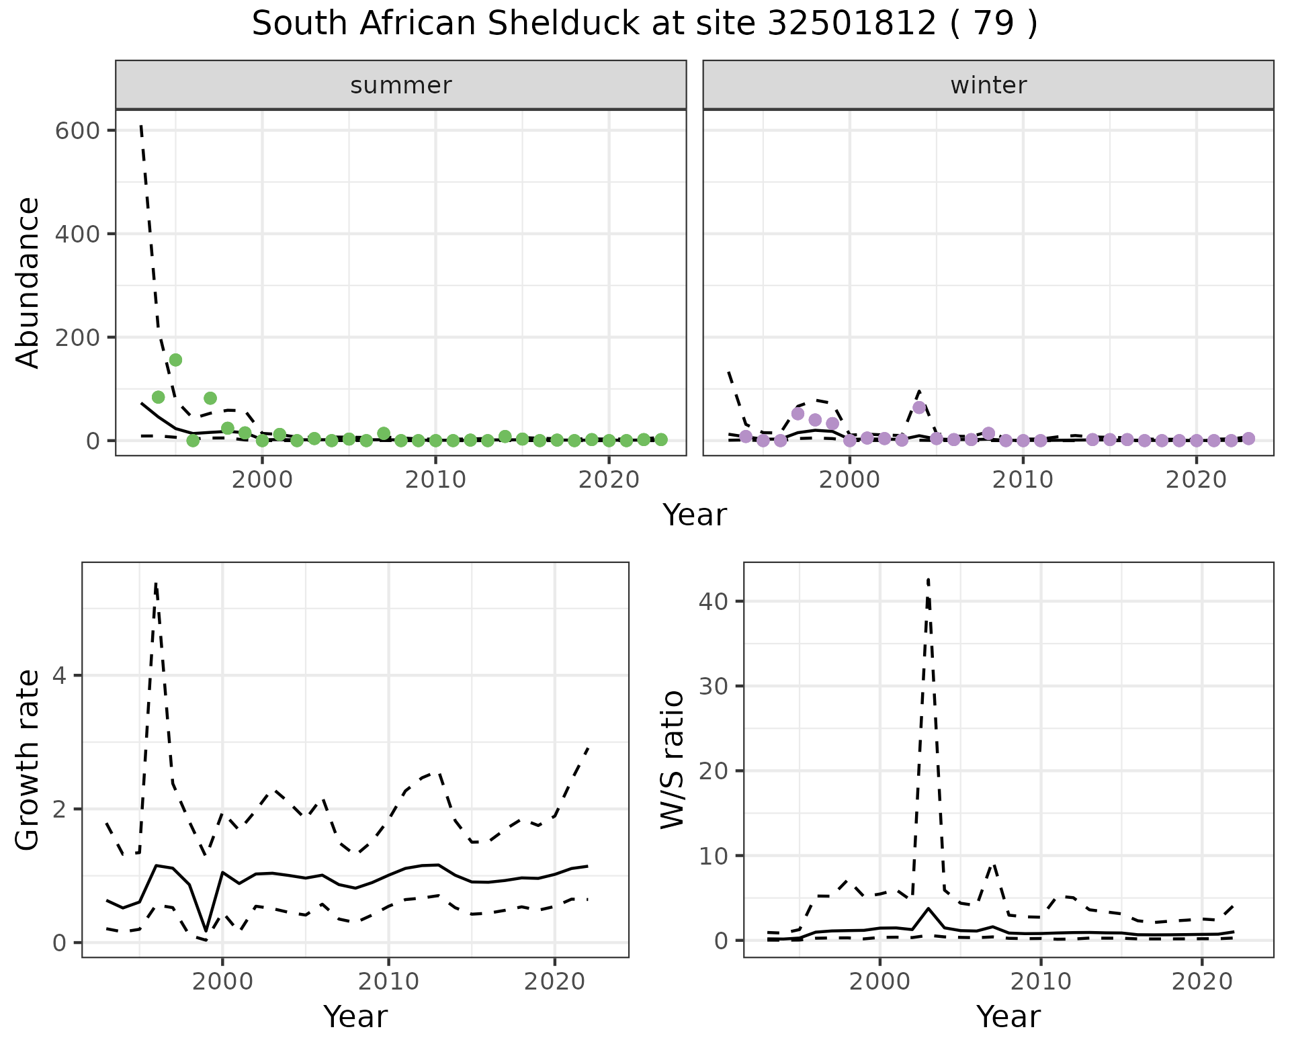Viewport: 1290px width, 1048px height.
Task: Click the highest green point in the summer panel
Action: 175,360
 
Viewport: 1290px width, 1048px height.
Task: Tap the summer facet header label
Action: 401,85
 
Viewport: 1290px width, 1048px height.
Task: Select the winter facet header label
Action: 988,85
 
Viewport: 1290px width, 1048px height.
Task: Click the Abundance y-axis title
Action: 28,282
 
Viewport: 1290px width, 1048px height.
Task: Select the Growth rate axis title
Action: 28,760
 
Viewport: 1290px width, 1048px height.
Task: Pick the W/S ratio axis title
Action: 672,759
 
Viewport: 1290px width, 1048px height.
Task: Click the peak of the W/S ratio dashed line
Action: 928,579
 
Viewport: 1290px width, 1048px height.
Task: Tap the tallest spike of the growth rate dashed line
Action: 156,583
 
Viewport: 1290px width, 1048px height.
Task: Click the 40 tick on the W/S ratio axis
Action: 714,601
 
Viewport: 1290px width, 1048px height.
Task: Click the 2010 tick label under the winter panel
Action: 1023,480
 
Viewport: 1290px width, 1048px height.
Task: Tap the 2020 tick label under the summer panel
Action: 608,480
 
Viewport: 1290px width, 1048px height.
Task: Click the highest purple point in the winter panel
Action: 919,408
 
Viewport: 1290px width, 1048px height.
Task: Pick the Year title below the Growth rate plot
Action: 355,1016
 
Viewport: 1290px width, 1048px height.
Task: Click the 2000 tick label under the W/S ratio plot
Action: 879,982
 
